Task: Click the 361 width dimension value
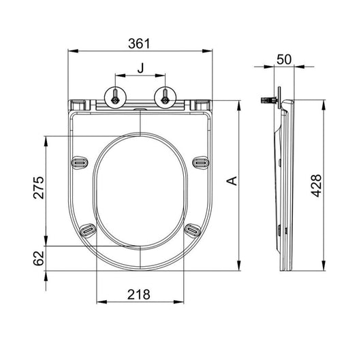[139, 44]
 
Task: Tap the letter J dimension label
[140, 68]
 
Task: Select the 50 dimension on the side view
[284, 60]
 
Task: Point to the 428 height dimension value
[316, 186]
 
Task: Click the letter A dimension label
[232, 181]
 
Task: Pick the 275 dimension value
[39, 188]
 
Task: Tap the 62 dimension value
[39, 258]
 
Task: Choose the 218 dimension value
[139, 295]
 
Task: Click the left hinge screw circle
[115, 97]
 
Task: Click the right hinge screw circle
[165, 97]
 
